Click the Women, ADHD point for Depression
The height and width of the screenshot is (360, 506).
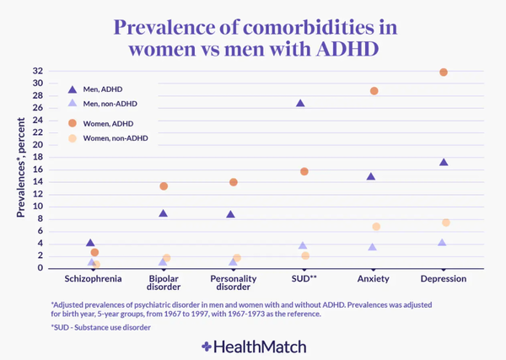pos(444,73)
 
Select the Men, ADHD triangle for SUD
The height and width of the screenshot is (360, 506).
pos(301,103)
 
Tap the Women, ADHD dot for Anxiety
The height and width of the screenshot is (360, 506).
pos(374,91)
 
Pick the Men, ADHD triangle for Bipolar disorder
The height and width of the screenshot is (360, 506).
pos(164,213)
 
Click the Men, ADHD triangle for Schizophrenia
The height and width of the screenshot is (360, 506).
pos(91,243)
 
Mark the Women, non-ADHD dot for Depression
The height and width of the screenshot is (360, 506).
pos(446,223)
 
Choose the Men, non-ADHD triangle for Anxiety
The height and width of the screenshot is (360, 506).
pos(372,247)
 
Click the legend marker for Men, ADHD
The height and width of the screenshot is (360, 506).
pos(73,89)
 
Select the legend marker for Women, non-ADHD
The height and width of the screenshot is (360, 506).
pos(73,137)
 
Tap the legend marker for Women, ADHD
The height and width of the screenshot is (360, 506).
pos(73,122)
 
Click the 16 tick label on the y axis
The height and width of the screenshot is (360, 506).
pos(38,169)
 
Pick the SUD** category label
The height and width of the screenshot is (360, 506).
pos(302,278)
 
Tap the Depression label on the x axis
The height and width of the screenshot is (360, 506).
pos(443,278)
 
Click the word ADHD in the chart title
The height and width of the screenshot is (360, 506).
pos(338,48)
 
